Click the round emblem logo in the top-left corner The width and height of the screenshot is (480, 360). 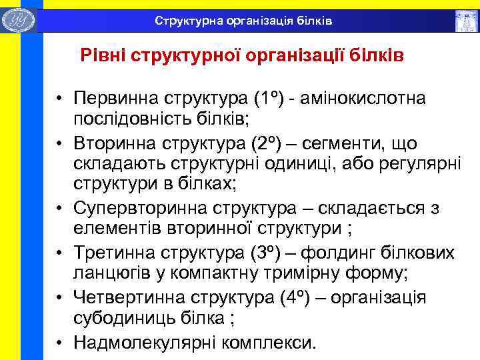point(19,19)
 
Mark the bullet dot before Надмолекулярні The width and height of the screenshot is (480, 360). point(60,342)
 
